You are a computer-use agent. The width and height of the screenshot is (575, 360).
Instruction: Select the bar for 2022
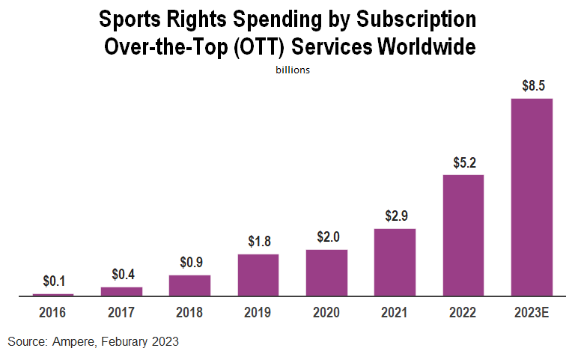pos(463,235)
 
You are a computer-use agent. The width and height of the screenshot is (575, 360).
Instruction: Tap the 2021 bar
pos(395,262)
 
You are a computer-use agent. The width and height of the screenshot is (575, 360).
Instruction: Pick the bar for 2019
pos(258,275)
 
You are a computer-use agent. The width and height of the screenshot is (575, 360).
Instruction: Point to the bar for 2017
pos(121,291)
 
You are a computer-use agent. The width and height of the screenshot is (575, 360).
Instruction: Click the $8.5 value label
pos(532,85)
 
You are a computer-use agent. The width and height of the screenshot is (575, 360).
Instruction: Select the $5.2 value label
pos(463,162)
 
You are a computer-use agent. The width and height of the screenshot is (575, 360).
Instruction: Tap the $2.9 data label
pos(395,216)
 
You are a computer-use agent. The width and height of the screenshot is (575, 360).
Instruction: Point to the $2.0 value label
pos(326,237)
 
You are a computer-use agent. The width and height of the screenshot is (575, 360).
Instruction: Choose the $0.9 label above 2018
pos(189,263)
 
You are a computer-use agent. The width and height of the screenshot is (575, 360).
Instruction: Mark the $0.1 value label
pos(53,281)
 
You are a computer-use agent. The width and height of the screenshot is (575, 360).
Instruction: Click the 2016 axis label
pos(53,311)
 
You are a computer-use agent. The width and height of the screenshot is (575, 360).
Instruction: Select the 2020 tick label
pos(326,311)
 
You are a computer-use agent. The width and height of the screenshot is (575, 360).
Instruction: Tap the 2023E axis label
pos(532,311)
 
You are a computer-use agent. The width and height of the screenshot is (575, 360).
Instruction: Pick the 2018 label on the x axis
pos(189,311)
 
